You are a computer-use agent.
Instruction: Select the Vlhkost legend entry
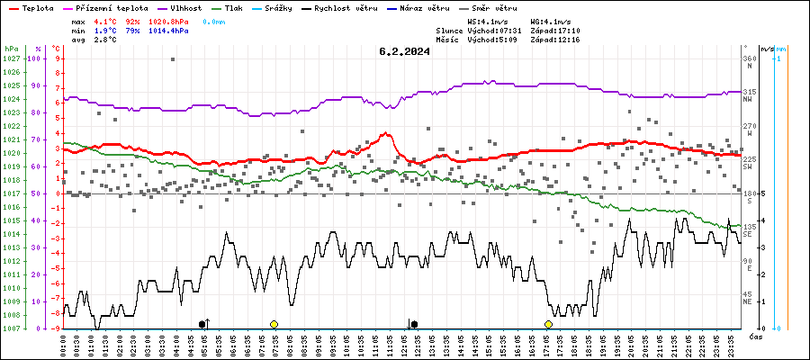(x=185, y=6)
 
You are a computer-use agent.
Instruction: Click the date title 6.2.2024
(x=404, y=51)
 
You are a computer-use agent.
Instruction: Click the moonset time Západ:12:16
(x=554, y=40)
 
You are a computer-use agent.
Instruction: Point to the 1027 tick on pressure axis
(x=11, y=58)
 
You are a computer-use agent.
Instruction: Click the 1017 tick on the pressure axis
(x=11, y=193)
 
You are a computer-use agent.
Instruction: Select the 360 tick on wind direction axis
(x=749, y=58)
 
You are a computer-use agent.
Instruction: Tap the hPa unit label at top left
(x=11, y=49)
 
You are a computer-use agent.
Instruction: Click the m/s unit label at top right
(x=766, y=49)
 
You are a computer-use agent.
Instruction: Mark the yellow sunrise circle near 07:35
(x=274, y=324)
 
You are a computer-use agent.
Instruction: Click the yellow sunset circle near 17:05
(x=548, y=324)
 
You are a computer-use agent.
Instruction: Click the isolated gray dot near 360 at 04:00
(x=173, y=59)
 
